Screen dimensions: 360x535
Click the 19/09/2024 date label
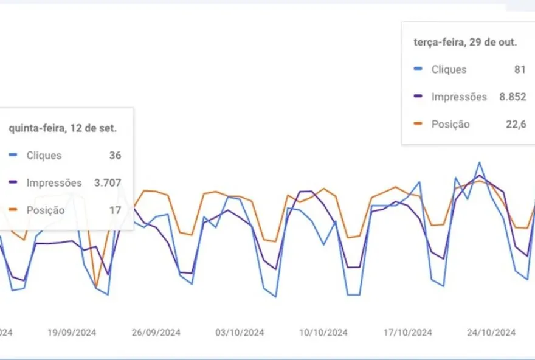(72, 333)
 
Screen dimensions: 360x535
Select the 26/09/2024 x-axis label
(156, 333)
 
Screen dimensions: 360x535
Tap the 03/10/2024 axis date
(240, 333)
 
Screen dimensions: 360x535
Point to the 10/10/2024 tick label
(323, 333)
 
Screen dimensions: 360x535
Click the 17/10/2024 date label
(408, 333)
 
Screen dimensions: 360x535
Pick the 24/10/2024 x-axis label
(491, 333)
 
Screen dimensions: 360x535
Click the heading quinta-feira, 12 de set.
(63, 128)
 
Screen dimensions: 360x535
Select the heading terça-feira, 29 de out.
(465, 42)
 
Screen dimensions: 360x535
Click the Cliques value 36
(115, 156)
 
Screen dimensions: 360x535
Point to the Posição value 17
(115, 210)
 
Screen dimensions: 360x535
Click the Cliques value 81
(520, 69)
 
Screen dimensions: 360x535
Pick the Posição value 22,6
(516, 124)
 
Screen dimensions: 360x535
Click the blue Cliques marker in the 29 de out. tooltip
(418, 69)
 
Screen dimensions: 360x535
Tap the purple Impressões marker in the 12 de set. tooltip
(13, 183)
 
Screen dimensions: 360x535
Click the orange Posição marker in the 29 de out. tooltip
(418, 124)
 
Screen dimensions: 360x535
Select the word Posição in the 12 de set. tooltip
(46, 210)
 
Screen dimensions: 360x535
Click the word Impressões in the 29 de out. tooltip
(459, 97)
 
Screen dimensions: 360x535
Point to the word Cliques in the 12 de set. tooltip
(44, 156)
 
